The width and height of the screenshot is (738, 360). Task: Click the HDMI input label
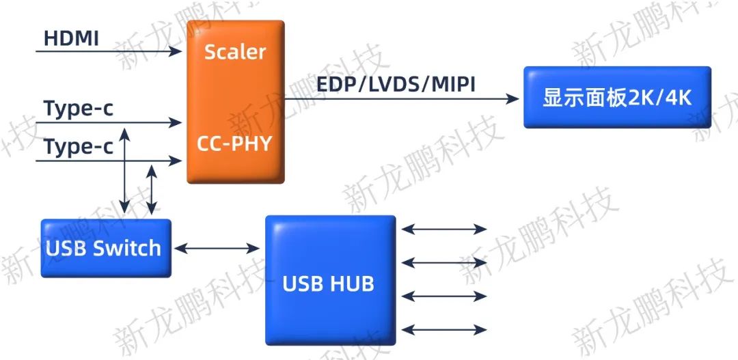[71, 38]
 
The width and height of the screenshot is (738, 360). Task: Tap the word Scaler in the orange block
[235, 52]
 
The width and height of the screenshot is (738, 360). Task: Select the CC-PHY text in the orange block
[234, 144]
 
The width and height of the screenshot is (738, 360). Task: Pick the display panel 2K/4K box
[617, 97]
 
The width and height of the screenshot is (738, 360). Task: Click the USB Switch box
[105, 248]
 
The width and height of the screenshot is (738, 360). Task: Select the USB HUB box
[330, 280]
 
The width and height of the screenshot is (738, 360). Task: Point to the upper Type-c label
[78, 109]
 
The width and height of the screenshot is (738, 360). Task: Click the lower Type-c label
[78, 147]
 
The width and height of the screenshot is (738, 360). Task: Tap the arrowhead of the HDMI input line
[176, 51]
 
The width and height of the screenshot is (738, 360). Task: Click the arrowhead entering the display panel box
[513, 98]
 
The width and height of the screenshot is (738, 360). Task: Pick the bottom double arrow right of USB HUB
[444, 329]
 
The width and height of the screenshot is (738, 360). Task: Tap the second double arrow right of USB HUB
[444, 262]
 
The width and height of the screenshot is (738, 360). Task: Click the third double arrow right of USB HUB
[444, 296]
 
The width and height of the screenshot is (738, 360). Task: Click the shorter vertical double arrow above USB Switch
[152, 189]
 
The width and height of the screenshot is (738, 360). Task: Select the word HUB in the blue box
[351, 283]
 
